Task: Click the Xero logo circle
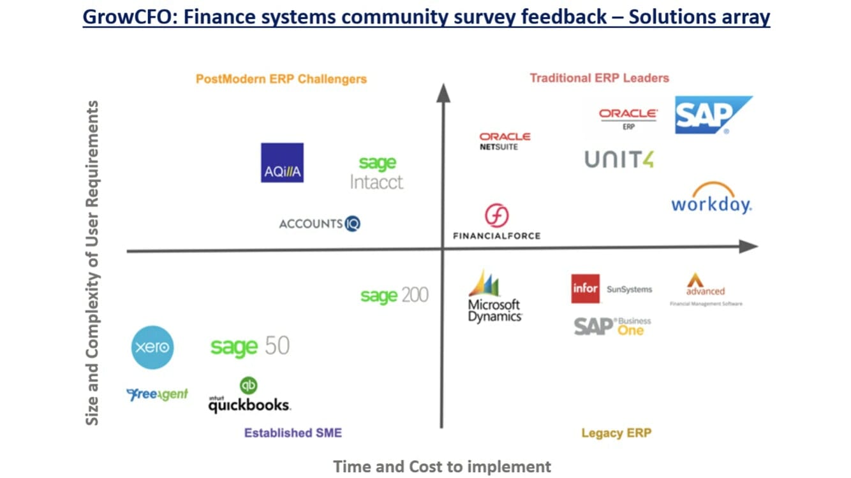(152, 347)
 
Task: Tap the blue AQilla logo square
(282, 163)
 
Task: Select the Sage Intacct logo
(376, 173)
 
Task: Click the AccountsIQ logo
(320, 224)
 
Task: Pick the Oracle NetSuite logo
(505, 141)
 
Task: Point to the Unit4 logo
(619, 159)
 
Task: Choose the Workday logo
(711, 199)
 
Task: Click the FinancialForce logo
(496, 222)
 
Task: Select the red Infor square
(585, 289)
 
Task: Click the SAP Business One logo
(612, 326)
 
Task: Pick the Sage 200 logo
(394, 296)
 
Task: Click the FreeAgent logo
(158, 395)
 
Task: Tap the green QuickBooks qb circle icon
(249, 385)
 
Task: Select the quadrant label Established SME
(293, 433)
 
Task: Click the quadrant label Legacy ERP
(616, 433)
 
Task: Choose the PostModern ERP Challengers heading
(281, 79)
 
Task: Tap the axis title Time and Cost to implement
(442, 467)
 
